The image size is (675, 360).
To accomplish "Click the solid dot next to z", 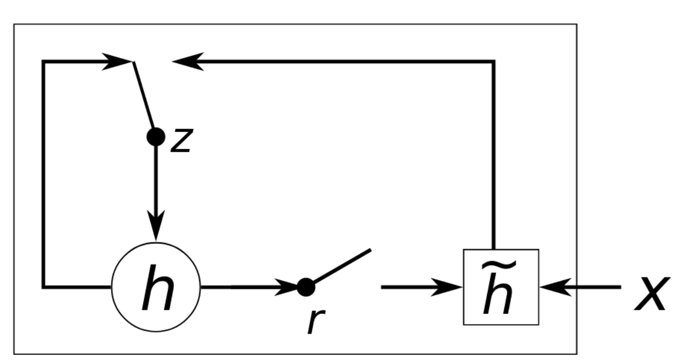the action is click(155, 136).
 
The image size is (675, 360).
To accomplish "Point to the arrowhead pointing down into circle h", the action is click(156, 227).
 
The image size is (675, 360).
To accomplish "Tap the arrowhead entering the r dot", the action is click(287, 286).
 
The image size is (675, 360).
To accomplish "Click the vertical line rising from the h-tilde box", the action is click(494, 157).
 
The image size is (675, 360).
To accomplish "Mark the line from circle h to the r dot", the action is click(238, 286).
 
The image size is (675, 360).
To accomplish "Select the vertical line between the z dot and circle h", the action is click(156, 180).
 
